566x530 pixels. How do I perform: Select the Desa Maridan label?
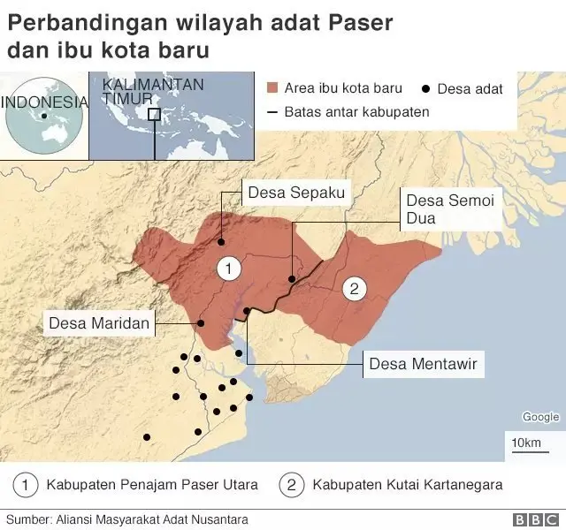99,322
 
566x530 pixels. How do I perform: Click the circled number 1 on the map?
228,268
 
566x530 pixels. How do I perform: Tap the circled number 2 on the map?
354,288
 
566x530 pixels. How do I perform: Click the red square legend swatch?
272,88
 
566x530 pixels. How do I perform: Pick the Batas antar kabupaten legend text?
356,112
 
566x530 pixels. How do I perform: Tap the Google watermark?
539,417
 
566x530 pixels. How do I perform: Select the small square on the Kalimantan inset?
154,114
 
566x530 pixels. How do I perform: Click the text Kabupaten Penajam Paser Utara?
152,484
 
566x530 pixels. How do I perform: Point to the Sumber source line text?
126,519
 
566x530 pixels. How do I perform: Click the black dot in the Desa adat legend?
426,88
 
